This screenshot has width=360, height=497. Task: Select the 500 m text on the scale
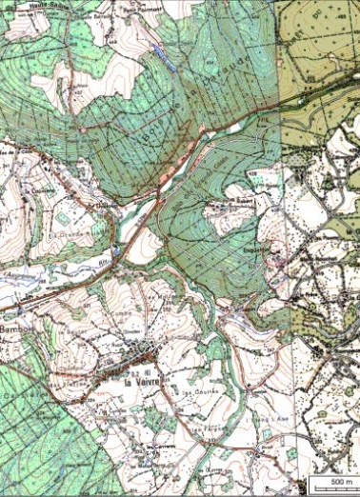tap(339, 484)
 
